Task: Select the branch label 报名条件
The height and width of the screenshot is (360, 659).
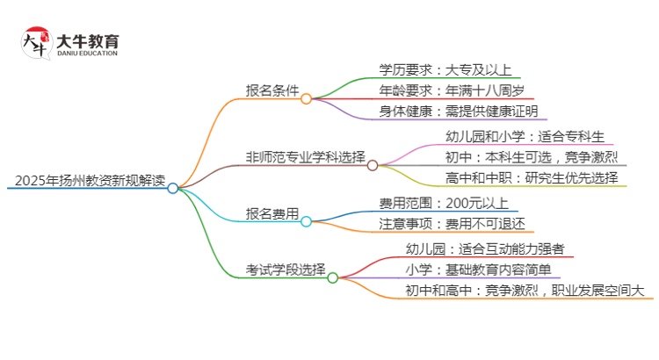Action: click(272, 90)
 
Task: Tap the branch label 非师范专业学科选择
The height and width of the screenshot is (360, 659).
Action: click(305, 157)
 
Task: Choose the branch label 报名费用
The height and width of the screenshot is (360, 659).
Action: click(272, 213)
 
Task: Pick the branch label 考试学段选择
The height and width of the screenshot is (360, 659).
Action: click(286, 269)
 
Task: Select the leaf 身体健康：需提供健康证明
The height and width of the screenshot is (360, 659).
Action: click(457, 112)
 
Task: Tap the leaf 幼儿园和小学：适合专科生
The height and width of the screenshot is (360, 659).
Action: click(525, 136)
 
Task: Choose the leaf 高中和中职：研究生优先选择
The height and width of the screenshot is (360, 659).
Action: click(537, 178)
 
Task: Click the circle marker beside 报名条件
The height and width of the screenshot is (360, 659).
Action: click(306, 98)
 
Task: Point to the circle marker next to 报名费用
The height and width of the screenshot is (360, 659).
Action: click(306, 222)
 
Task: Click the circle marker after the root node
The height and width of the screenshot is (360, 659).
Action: click(173, 188)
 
